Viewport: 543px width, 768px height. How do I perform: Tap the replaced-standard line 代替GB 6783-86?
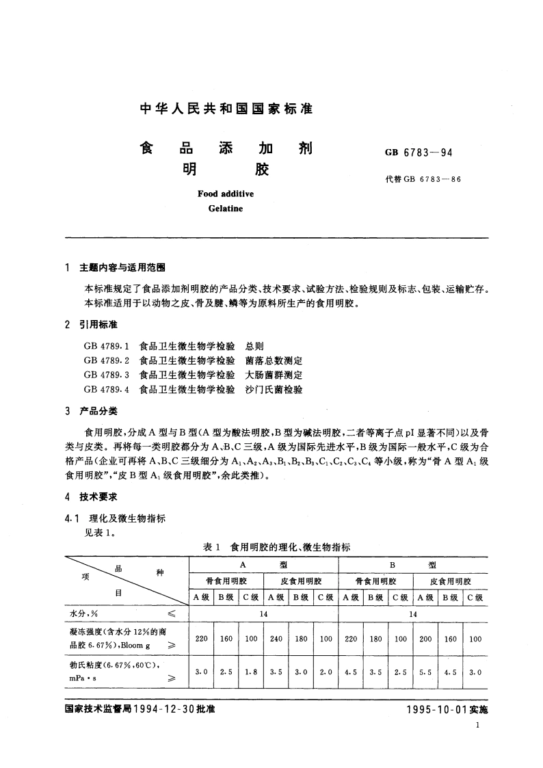pos(423,180)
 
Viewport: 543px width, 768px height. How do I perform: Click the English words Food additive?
pos(225,194)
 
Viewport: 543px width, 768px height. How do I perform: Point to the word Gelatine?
pos(225,208)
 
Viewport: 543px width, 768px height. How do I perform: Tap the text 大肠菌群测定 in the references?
pos(274,375)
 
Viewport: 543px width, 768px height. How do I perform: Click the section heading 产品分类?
pos(98,412)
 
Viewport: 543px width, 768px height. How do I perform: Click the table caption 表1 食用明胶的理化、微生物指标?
pos(276,547)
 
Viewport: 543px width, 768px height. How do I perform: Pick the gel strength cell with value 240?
pos(276,639)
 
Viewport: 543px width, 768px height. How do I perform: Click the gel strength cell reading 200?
pos(425,639)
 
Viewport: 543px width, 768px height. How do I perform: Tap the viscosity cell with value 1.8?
pos(250,672)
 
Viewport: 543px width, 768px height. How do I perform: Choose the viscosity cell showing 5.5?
pos(425,672)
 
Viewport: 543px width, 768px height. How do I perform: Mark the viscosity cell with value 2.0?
pos(326,672)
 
